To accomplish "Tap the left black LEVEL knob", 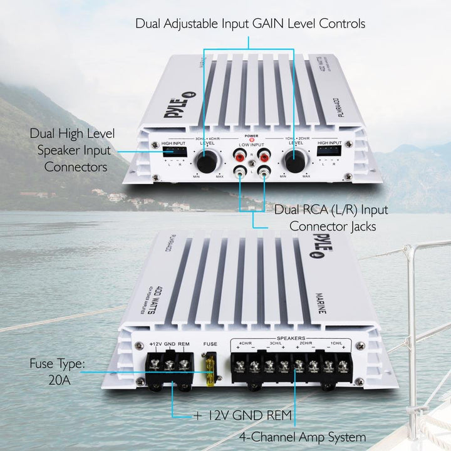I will pyautogui.click(x=206, y=162).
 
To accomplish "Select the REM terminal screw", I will pyautogui.click(x=184, y=363).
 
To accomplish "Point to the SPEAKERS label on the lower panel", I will pyautogui.click(x=290, y=336).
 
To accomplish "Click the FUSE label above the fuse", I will pyautogui.click(x=210, y=343).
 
